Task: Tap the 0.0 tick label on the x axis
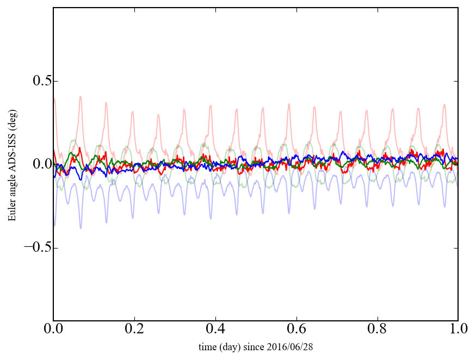(x=53, y=330)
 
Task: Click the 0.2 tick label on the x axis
(x=134, y=330)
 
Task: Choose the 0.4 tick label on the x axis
(x=215, y=330)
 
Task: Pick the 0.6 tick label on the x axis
(x=296, y=330)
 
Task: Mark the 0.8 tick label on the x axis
(x=377, y=330)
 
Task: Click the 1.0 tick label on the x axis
(x=458, y=330)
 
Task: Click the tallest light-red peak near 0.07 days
(x=81, y=97)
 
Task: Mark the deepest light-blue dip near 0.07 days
(x=81, y=228)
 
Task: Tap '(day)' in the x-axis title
(x=230, y=346)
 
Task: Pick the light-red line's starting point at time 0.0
(x=54, y=99)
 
